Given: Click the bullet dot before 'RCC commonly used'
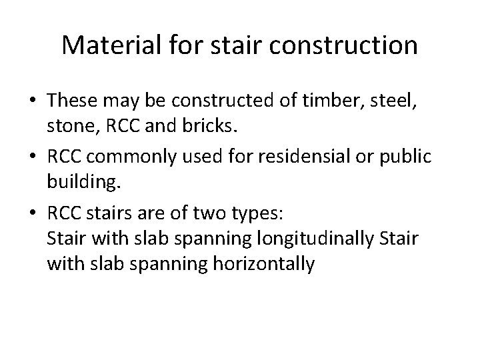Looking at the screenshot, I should (32, 156).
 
